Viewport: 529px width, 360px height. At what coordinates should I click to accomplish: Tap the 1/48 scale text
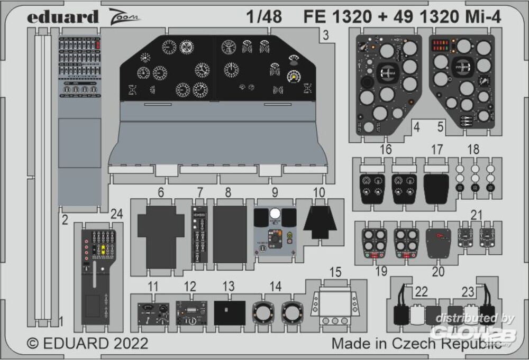(263, 17)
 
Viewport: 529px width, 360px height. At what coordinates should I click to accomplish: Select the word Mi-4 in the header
(482, 17)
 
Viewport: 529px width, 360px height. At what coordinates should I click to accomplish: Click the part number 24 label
(117, 215)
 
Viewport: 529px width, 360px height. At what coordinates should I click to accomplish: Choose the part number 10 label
(319, 193)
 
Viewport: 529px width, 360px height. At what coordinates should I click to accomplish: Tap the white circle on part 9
(274, 215)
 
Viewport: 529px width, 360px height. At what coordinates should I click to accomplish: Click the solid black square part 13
(230, 312)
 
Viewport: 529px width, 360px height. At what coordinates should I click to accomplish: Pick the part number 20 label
(439, 272)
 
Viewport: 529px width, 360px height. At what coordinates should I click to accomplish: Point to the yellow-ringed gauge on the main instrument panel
(293, 77)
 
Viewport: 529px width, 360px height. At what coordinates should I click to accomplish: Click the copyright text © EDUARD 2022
(87, 343)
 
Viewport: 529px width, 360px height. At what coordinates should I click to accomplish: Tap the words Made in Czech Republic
(416, 343)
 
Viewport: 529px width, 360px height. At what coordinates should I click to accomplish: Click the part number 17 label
(436, 150)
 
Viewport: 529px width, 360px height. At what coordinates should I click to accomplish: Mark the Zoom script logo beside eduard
(126, 17)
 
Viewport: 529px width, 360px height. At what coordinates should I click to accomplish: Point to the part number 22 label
(422, 292)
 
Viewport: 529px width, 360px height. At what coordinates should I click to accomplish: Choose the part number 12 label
(190, 287)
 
